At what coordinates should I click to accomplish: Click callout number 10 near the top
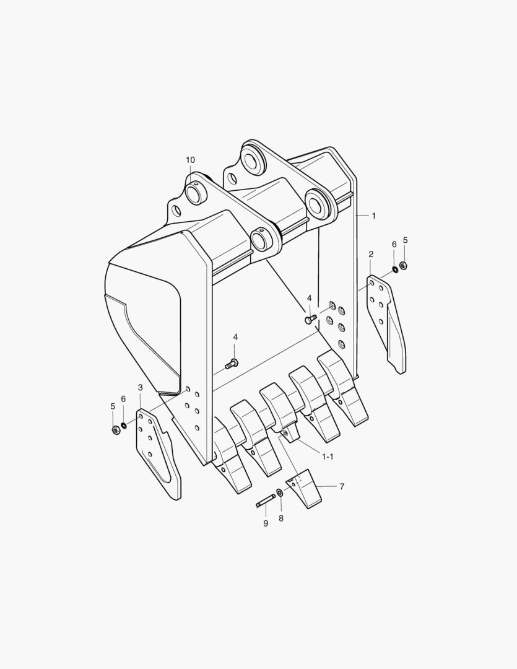pyautogui.click(x=190, y=160)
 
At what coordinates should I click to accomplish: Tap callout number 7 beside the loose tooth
pyautogui.click(x=342, y=486)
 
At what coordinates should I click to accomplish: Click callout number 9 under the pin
pyautogui.click(x=266, y=523)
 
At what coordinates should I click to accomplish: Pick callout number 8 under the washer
pyautogui.click(x=280, y=518)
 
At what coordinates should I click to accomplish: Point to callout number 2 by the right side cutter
pyautogui.click(x=371, y=254)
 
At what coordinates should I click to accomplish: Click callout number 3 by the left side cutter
pyautogui.click(x=141, y=388)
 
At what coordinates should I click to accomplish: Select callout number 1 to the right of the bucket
pyautogui.click(x=373, y=216)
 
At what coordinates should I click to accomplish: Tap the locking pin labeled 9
pyautogui.click(x=265, y=501)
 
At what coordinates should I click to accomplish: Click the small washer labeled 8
pyautogui.click(x=280, y=492)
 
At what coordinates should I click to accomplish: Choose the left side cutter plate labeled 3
pyautogui.click(x=158, y=452)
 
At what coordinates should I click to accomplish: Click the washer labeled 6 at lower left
pyautogui.click(x=124, y=425)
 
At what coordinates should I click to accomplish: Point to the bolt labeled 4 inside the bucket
pyautogui.click(x=310, y=319)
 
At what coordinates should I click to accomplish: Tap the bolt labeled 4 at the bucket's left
pyautogui.click(x=233, y=363)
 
